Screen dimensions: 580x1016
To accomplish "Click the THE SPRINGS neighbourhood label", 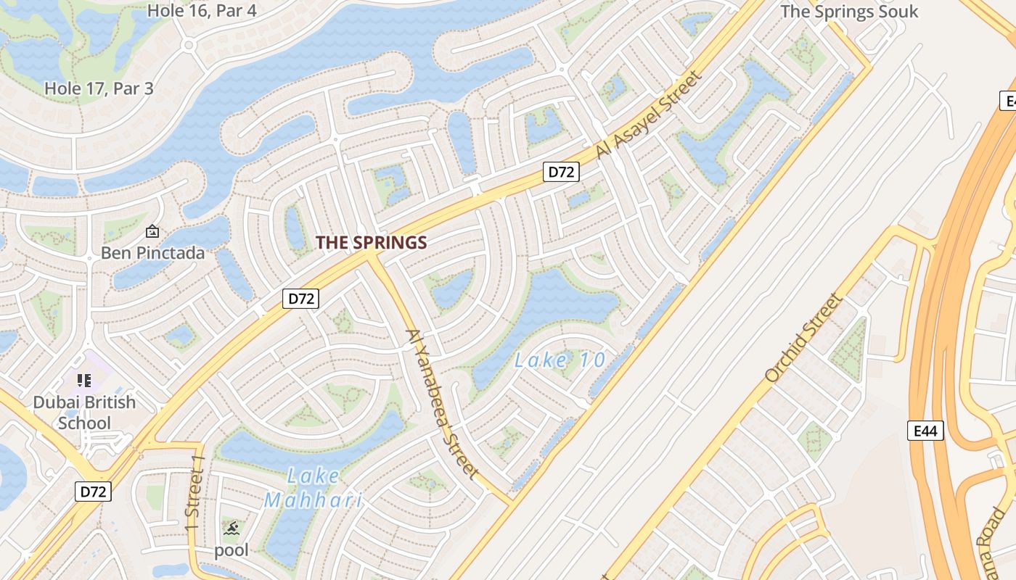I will point(371,243).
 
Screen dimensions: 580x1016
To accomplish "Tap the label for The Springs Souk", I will point(849,12).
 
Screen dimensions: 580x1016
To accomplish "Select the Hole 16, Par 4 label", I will point(202,11).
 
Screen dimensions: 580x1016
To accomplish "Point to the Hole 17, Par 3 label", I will point(99,88).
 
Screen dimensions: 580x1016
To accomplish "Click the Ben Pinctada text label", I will point(152,253).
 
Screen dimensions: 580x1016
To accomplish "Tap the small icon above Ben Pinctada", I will point(152,232).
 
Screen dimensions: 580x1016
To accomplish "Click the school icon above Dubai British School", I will point(83,380).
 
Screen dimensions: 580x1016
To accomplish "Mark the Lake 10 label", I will point(560,360).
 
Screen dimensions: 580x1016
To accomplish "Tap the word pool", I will point(231,550).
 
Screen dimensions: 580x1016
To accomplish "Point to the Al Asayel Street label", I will point(650,114).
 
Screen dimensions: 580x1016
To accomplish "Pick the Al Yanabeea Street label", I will point(443,403).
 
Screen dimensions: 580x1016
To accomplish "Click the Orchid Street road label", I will point(804,337).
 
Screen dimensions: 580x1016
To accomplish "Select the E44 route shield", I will point(925,431).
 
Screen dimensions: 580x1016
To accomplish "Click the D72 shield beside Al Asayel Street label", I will point(561,173).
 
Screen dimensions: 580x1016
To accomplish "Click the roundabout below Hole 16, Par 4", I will point(190,45).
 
